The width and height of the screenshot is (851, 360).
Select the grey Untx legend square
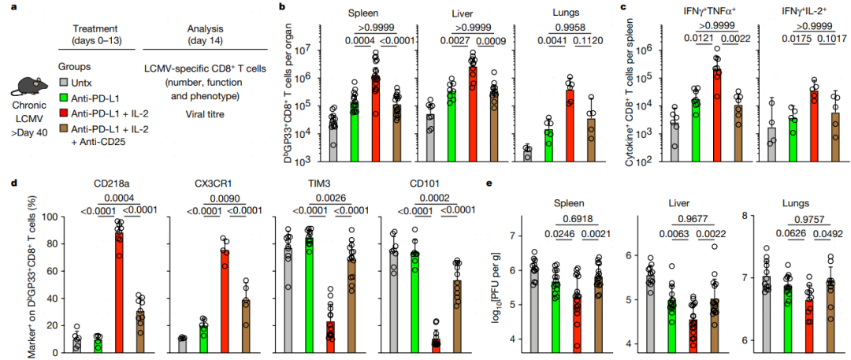point(64,83)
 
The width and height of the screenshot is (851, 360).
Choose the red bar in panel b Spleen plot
point(376,118)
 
